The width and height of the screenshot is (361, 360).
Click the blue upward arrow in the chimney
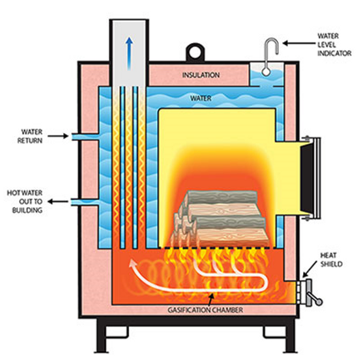point(130,49)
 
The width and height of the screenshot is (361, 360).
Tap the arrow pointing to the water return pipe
point(58,136)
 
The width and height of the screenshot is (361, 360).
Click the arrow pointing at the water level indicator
point(294,44)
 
